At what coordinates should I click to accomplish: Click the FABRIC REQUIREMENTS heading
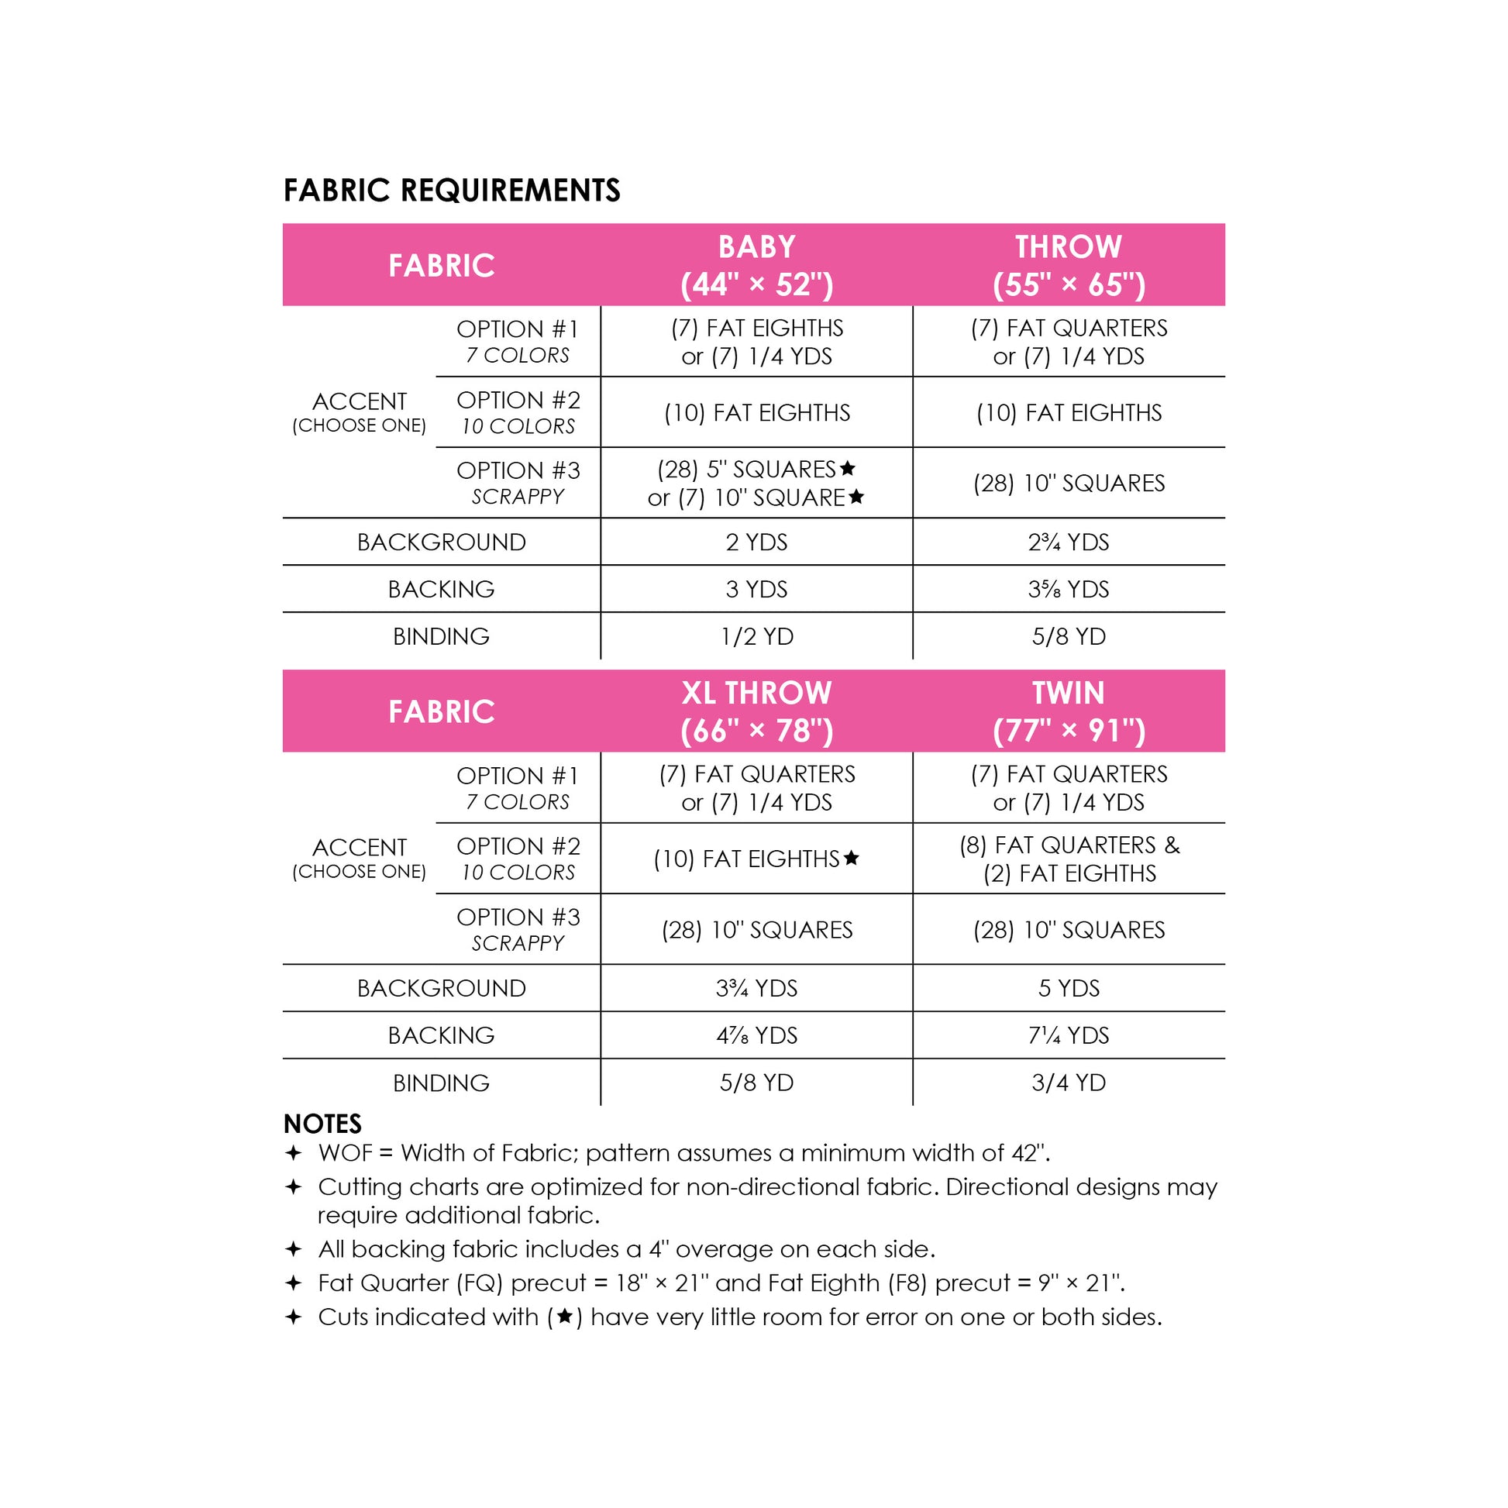coord(451,191)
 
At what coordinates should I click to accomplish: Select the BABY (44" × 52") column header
coord(756,265)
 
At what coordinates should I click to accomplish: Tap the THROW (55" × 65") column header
coord(1068,265)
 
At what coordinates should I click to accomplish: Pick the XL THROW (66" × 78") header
coord(756,711)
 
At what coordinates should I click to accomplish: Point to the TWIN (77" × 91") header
coord(1068,711)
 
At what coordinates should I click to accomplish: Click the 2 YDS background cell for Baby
coord(756,542)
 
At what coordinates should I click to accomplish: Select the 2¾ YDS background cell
coord(1068,542)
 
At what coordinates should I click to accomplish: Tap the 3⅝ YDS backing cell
coord(1068,588)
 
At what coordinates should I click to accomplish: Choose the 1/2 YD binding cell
coord(756,636)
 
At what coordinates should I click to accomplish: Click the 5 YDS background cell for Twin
coord(1068,988)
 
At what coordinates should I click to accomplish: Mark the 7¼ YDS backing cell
coord(1068,1035)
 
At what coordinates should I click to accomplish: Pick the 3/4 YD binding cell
coord(1068,1083)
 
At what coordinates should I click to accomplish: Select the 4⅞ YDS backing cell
coord(756,1035)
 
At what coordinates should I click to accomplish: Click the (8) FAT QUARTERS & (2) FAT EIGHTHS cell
coord(1068,859)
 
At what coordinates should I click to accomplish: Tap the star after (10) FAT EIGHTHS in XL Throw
coord(852,858)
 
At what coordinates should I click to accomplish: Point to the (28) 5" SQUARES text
coord(747,469)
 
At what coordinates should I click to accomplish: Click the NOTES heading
coord(322,1124)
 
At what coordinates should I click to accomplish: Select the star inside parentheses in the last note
coord(564,1317)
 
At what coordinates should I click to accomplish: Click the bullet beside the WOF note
coord(294,1153)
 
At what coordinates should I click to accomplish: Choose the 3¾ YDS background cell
coord(756,988)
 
